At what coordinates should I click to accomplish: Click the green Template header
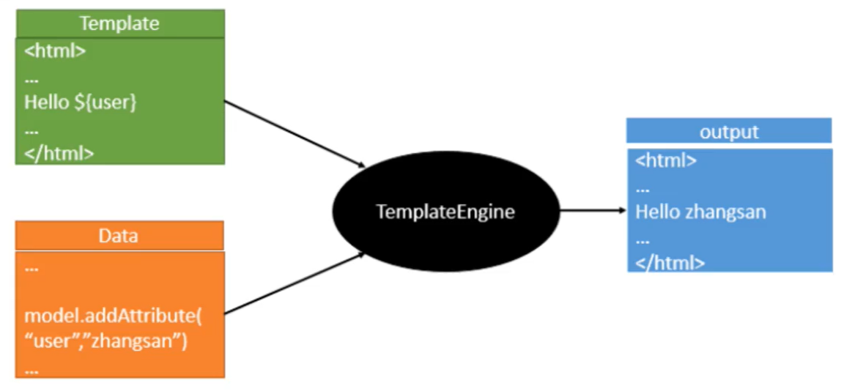[119, 23]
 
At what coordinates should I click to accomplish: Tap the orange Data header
[119, 236]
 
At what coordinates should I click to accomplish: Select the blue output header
[728, 132]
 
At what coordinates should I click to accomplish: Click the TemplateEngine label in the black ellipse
[445, 212]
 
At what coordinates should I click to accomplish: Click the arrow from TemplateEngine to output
[593, 210]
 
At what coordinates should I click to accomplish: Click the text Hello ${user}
[81, 103]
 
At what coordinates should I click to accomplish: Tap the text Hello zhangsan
[700, 212]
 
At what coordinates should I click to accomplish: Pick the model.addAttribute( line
[113, 316]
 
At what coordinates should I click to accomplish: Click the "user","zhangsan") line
[106, 341]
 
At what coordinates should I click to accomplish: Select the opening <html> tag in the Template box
[55, 52]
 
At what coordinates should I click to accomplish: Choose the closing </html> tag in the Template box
[59, 153]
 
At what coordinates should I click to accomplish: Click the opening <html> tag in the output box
[665, 160]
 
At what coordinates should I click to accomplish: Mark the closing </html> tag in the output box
[670, 263]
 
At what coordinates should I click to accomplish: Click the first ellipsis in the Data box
[32, 269]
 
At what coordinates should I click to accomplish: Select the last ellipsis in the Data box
[32, 371]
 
